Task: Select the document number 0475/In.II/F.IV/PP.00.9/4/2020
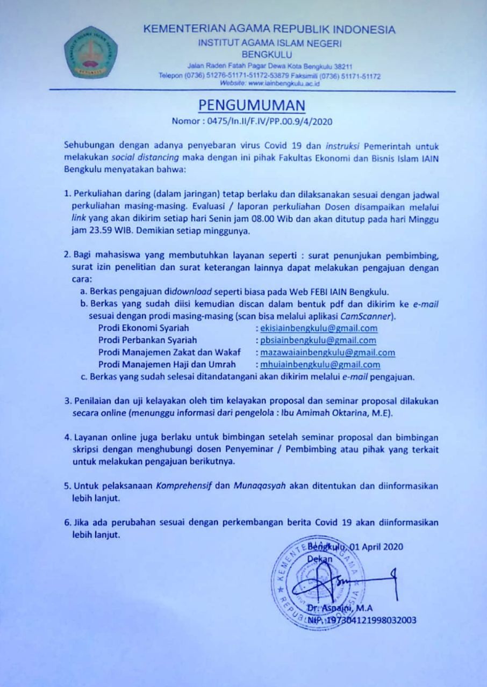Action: pos(274,121)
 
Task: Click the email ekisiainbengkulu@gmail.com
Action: pos(318,328)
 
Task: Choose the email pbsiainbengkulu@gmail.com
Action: pos(318,340)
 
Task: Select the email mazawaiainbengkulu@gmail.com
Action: pos(327,352)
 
